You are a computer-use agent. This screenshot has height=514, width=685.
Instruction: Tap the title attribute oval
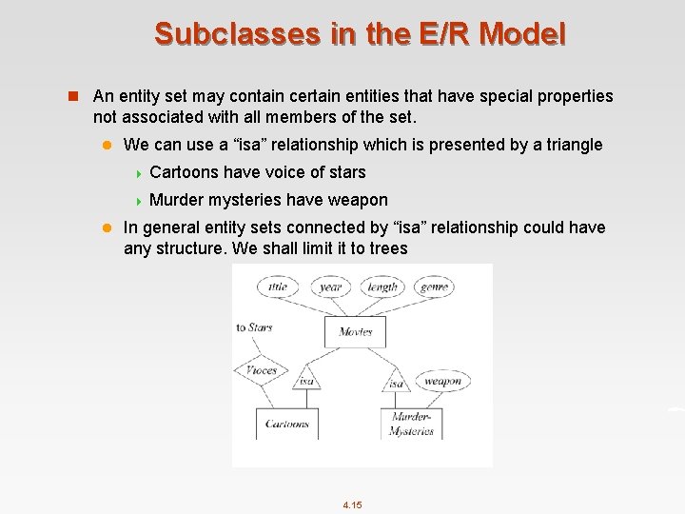[x=278, y=287]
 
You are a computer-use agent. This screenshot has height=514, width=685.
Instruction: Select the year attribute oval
[x=330, y=287]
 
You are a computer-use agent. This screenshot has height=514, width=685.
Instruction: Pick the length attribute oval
[x=382, y=287]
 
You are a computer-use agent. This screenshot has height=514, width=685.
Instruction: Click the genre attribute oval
[x=435, y=287]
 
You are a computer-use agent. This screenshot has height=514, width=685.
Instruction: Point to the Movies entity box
[x=355, y=332]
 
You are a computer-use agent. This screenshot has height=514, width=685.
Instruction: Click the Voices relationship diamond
[x=262, y=371]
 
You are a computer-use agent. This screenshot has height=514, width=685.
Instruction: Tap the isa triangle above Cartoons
[x=305, y=381]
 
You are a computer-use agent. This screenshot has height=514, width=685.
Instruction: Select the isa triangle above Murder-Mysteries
[x=396, y=383]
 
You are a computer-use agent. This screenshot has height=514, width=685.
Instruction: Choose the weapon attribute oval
[x=442, y=382]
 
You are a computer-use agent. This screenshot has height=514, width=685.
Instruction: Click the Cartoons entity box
[x=286, y=425]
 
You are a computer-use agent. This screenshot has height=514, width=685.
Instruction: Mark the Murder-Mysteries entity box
[x=411, y=425]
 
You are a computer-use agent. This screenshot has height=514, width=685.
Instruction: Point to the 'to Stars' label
[x=254, y=327]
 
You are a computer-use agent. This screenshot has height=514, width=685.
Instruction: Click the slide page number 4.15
[x=352, y=504]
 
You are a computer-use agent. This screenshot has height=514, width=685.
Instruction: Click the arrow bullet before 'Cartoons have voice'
[x=138, y=172]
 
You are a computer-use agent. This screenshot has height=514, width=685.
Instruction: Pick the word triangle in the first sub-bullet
[x=570, y=145]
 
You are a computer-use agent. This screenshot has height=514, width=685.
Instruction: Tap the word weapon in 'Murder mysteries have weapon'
[x=356, y=200]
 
